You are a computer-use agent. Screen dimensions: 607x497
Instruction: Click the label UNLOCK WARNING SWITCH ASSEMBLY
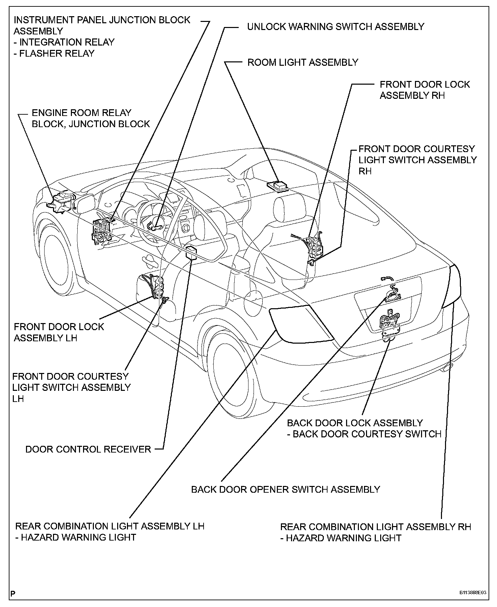point(335,27)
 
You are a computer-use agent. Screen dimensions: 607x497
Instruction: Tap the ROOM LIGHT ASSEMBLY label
point(303,62)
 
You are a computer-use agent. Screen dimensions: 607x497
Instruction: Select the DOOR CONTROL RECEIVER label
point(88,449)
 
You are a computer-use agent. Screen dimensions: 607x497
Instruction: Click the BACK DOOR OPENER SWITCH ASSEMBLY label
point(285,489)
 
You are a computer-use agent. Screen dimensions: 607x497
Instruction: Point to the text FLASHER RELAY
point(57,53)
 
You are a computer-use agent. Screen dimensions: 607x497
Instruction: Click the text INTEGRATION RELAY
point(67,42)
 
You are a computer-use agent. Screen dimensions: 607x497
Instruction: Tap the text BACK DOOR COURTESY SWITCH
point(367,434)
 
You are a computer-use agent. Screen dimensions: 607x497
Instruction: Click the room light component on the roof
point(278,185)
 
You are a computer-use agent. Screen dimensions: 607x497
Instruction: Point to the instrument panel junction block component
point(101,230)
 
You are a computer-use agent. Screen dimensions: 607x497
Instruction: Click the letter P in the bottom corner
point(13,592)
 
